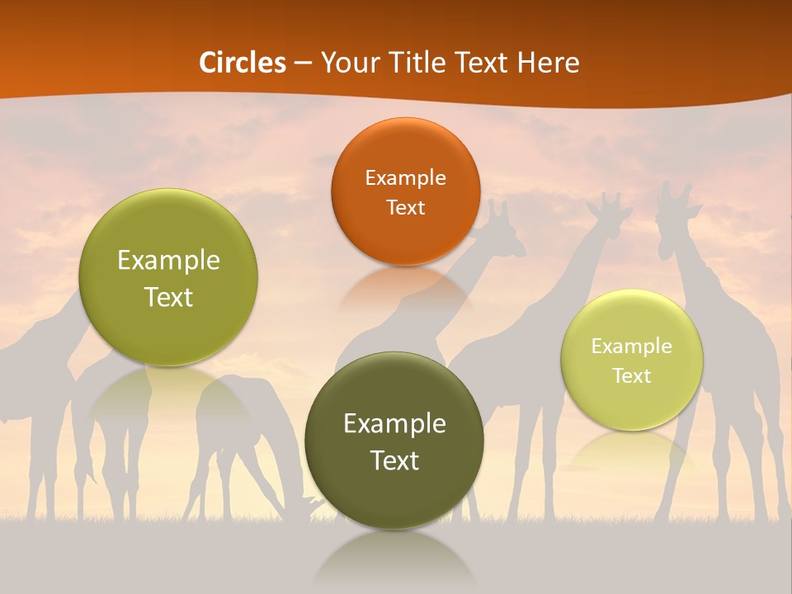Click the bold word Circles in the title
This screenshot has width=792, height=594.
coord(243,62)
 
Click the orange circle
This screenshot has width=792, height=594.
coord(405,191)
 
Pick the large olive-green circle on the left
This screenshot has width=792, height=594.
coord(168,277)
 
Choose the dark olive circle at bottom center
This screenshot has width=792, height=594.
coord(394,441)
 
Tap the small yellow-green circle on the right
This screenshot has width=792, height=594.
coord(632,360)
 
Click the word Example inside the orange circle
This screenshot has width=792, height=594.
coord(405,177)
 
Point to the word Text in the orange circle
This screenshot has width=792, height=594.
coord(405,207)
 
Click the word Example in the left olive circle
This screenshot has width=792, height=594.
coord(168,260)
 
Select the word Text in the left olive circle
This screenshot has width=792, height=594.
coord(168,297)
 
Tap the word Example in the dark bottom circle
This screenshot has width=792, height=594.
coord(394,423)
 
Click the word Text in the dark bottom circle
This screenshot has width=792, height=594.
coord(394,460)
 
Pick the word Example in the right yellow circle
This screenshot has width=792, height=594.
coord(632,346)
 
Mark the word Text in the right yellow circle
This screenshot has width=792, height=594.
coord(632,375)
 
